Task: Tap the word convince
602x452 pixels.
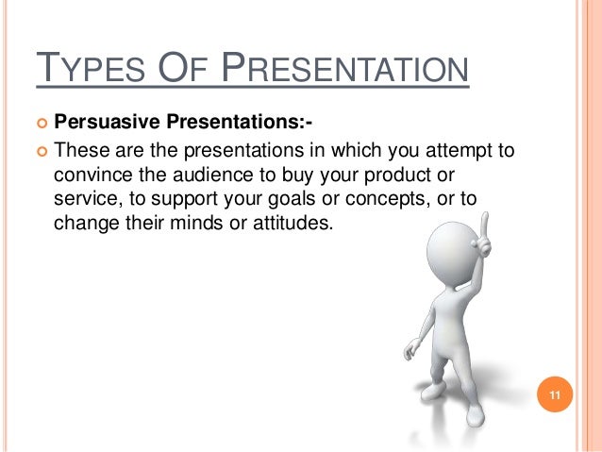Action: click(x=92, y=175)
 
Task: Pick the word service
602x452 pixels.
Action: click(x=84, y=200)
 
